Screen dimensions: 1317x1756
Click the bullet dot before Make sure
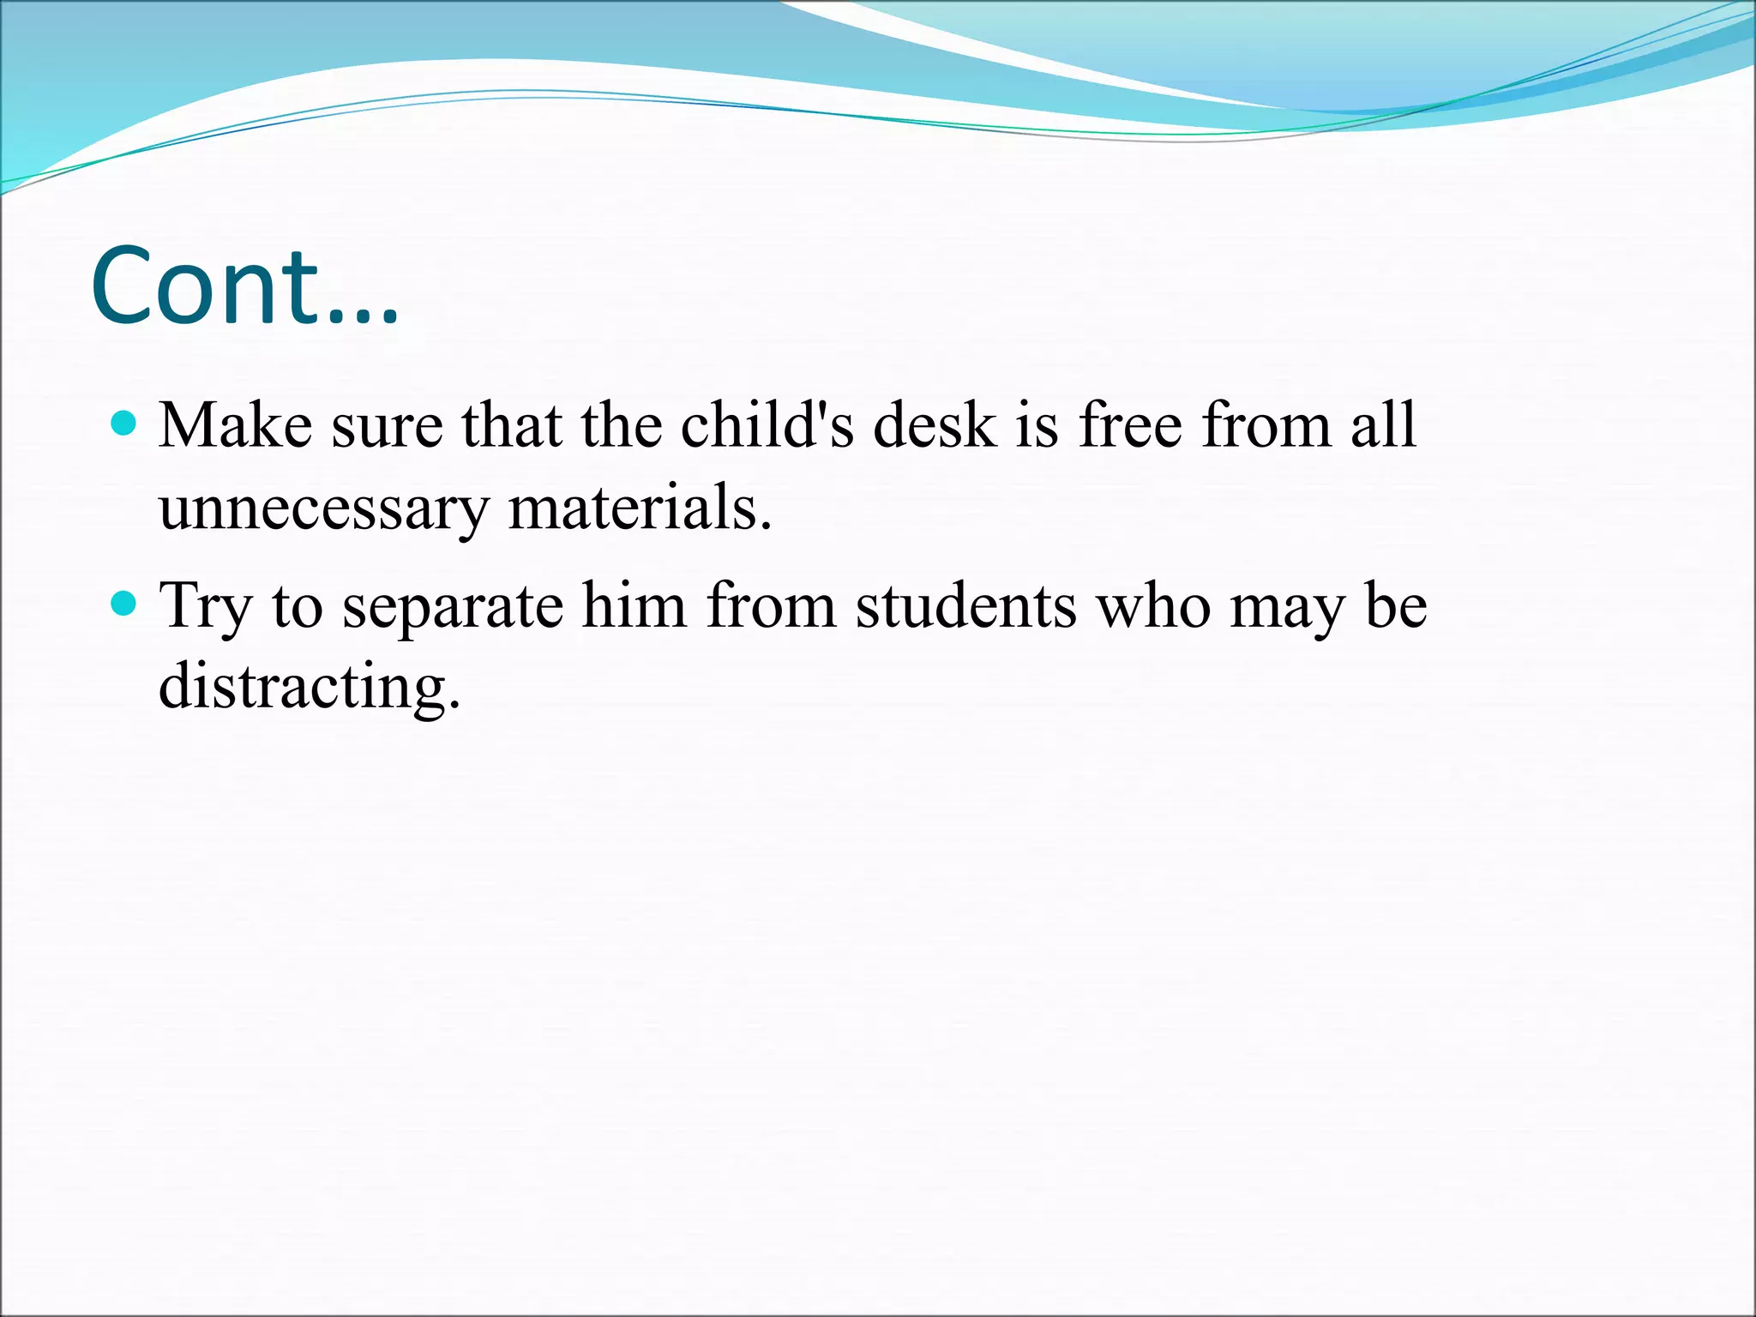point(124,424)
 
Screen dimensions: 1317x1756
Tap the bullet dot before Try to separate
point(124,604)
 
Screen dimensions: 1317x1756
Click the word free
point(1130,425)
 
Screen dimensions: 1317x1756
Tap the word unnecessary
point(323,508)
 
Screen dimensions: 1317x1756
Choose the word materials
point(640,508)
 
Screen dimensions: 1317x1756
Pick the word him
point(634,605)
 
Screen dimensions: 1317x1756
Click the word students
point(965,605)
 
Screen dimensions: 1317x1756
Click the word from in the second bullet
point(771,605)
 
